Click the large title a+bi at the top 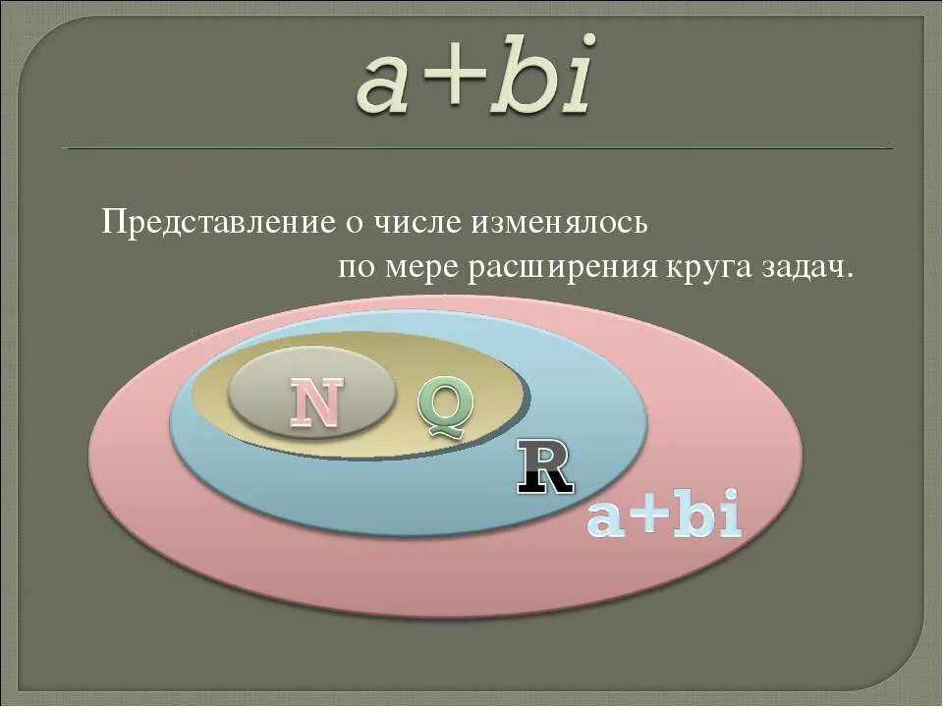coord(475,77)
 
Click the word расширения coord(562,268)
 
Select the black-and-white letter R coord(545,468)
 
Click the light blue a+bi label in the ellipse coord(663,518)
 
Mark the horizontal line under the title coord(476,148)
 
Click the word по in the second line coord(356,268)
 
